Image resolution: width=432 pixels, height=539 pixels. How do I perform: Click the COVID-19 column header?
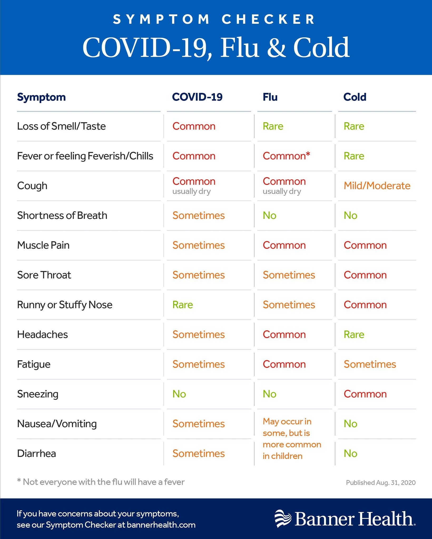(197, 97)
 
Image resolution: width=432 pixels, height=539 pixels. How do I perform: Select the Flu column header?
(270, 97)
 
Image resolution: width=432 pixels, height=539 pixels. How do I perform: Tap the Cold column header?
(355, 97)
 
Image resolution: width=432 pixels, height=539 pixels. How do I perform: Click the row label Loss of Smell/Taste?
(61, 126)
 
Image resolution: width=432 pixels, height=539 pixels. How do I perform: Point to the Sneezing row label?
(38, 394)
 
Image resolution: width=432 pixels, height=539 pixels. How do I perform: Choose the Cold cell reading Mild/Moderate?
(377, 186)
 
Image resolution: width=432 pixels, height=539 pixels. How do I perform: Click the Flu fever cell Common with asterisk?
(286, 156)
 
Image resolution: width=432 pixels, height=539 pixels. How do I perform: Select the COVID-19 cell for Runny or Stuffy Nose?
(183, 305)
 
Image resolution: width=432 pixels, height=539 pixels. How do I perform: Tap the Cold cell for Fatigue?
(370, 364)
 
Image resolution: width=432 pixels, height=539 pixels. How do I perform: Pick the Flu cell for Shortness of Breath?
(269, 216)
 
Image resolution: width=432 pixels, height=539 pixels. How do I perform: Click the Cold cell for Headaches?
(354, 335)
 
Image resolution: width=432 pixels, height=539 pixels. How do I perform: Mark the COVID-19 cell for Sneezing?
(179, 394)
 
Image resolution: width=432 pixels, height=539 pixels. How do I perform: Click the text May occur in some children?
(292, 439)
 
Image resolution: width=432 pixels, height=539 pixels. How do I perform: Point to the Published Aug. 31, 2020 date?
(381, 483)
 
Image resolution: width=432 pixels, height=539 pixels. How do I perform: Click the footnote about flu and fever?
(101, 482)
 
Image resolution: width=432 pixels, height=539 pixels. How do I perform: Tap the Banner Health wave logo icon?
(283, 518)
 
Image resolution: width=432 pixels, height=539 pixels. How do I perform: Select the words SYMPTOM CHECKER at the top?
(214, 19)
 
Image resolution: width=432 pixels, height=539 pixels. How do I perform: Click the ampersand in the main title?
(276, 47)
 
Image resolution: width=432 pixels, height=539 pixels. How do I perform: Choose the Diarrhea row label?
(36, 454)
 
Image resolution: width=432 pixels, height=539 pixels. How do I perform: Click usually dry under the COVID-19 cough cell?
(192, 191)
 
